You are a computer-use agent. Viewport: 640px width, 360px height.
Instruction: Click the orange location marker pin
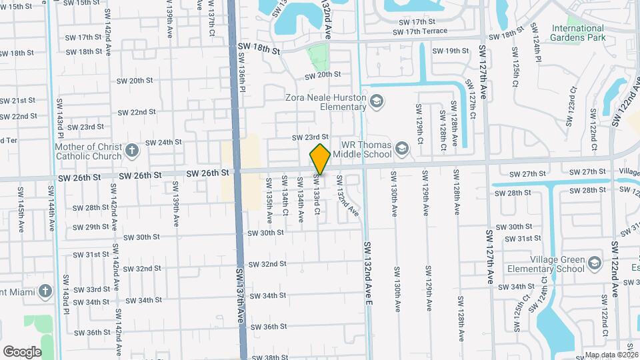[320, 159]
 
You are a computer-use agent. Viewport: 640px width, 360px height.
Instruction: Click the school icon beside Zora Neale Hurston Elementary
[377, 101]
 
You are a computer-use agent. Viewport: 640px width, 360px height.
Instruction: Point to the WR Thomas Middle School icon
[402, 148]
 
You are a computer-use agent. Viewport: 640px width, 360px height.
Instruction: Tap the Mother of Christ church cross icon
[132, 150]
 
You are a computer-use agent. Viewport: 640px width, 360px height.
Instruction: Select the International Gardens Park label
[577, 33]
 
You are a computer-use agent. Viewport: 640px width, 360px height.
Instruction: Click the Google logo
[22, 351]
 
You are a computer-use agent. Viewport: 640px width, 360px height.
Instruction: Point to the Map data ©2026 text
[611, 355]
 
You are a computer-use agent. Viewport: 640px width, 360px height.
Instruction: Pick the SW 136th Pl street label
[243, 73]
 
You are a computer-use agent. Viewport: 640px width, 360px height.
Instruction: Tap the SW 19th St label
[451, 51]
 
